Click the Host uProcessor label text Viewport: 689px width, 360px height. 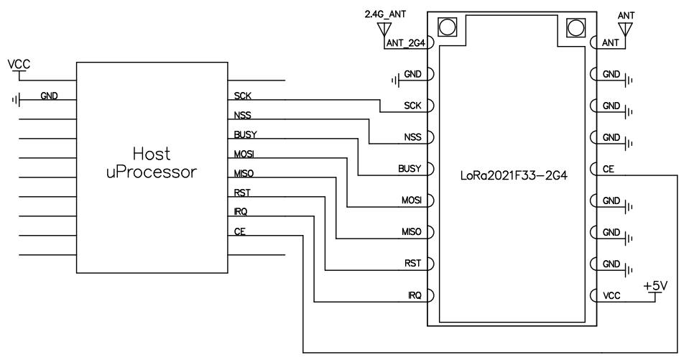[x=151, y=164]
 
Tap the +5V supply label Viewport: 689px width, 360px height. [x=655, y=286]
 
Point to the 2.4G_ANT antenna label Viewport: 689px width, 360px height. [x=387, y=14]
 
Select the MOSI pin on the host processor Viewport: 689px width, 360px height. [x=245, y=154]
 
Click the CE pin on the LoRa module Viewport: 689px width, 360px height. [x=607, y=169]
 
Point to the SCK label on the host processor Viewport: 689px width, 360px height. [x=242, y=96]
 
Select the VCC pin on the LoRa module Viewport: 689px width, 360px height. [x=610, y=295]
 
